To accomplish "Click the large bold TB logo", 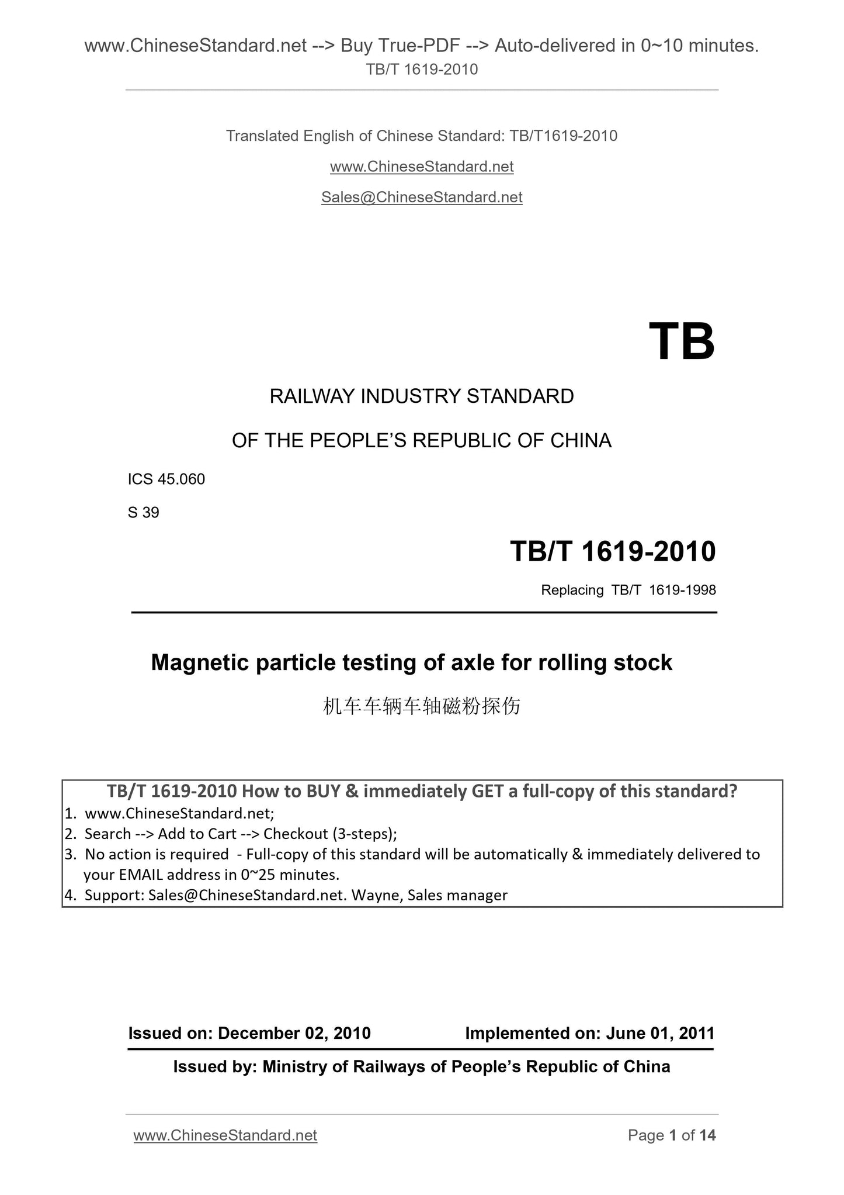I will (681, 342).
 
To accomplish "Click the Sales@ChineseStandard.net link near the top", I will (422, 198).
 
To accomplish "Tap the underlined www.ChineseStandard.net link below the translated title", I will (422, 167).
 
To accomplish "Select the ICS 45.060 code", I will (166, 479).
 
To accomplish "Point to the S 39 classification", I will (144, 513).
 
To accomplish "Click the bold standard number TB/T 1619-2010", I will (613, 551).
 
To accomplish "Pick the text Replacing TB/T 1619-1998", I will (628, 590).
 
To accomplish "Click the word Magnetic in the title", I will (204, 663).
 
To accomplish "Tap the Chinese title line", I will (422, 707).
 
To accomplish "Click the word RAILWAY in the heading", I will (312, 396).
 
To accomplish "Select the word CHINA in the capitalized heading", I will (581, 441).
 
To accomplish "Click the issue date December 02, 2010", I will (294, 1033).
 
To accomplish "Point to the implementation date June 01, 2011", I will (660, 1033).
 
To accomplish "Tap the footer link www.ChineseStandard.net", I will (225, 1135).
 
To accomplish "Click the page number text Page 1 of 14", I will (672, 1135).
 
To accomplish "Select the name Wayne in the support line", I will (376, 895).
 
